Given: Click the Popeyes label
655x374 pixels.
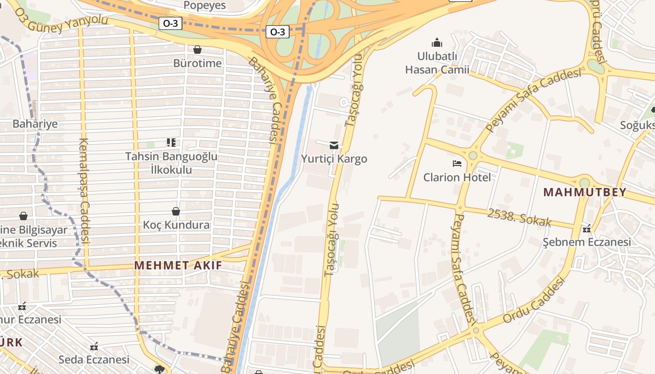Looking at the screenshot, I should pos(204,5).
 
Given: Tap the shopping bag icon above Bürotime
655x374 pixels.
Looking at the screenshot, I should pos(197,50).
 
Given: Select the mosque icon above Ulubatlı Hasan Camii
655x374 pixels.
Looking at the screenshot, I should pos(437,43).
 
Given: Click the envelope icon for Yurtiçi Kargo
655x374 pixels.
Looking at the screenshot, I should pos(334,145).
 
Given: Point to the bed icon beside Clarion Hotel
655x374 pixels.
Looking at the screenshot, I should pos(457,164).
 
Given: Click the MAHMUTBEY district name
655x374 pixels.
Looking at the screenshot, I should pos(585,192).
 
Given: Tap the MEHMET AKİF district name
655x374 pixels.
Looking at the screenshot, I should pos(178,266).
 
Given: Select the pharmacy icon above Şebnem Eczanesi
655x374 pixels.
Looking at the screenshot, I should pos(587,229).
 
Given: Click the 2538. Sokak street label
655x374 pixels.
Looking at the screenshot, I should pos(519,218).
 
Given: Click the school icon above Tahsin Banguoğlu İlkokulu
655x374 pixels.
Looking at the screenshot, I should pos(171,142).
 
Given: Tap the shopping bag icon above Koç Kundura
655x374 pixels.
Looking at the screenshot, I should pos(176,211).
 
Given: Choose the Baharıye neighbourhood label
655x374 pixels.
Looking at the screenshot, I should pos(35,124).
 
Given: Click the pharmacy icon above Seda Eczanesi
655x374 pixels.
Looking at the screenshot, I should pos(94,346).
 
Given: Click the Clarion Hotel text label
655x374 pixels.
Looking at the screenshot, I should pos(457,178).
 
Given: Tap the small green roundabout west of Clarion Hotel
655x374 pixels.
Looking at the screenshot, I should pos(473,155).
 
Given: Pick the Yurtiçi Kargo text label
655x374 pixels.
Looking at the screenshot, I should pos(334,159).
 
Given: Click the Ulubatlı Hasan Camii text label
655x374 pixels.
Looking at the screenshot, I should pos(437,63).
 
